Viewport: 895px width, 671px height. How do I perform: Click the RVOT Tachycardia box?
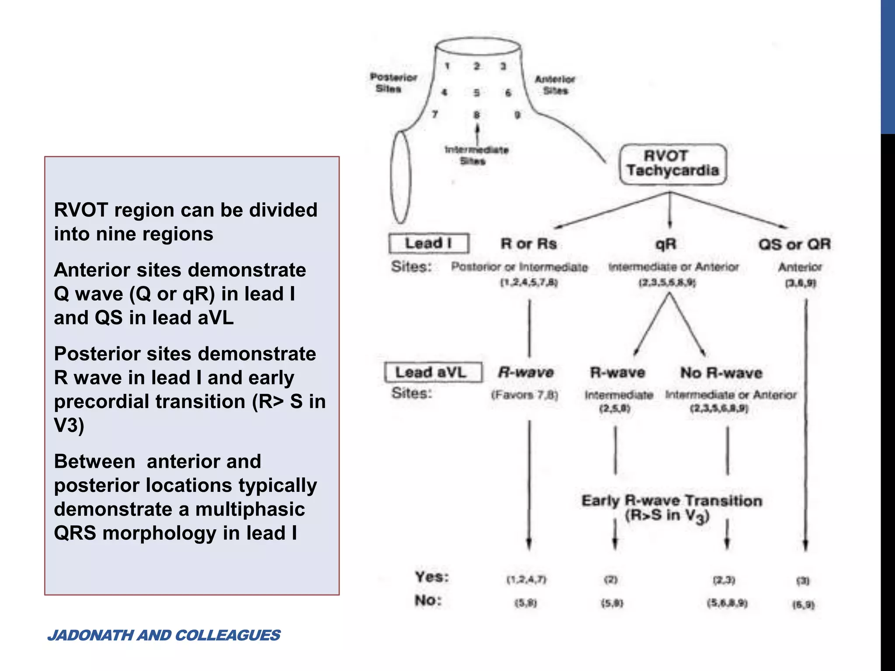click(673, 164)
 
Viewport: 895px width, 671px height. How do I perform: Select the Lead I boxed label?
click(429, 243)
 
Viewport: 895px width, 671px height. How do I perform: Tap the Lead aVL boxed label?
click(433, 372)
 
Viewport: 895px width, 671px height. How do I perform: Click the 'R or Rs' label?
click(528, 244)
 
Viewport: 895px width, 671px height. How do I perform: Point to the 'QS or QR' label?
click(794, 244)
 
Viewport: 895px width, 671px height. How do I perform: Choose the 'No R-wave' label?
click(721, 373)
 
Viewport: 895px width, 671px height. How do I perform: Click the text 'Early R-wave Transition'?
click(671, 501)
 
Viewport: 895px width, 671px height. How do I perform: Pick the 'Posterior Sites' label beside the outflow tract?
click(392, 83)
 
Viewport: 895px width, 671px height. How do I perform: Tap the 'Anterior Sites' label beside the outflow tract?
click(555, 85)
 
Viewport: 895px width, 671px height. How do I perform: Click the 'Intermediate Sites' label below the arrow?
click(476, 155)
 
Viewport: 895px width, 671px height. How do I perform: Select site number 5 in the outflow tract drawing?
click(476, 93)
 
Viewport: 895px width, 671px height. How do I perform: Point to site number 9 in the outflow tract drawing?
click(517, 115)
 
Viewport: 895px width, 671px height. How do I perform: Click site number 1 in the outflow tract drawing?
click(447, 66)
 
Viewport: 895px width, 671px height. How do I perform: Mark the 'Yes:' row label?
click(432, 577)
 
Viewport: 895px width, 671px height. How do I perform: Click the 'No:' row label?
click(428, 601)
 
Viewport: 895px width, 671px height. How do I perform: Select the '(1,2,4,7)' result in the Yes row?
click(526, 580)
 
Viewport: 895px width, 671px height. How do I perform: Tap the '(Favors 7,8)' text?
click(524, 395)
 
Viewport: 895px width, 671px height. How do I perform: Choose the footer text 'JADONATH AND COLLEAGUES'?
click(164, 635)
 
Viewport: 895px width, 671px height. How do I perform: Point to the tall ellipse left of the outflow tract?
click(400, 177)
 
